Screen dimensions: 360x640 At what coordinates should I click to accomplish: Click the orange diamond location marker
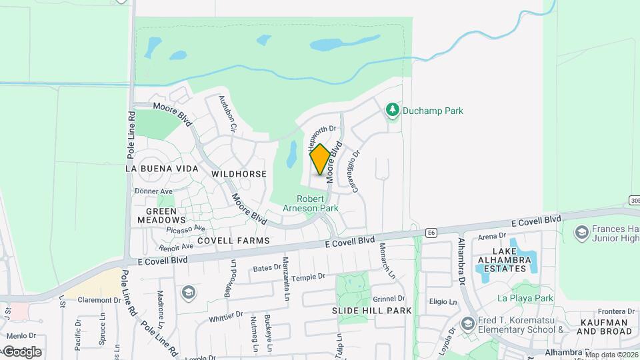(320, 159)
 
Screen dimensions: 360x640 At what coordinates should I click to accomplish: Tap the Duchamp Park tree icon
(393, 109)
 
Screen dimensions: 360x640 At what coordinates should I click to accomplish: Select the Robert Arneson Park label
(311, 203)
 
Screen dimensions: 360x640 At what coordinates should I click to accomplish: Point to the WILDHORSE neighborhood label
(239, 174)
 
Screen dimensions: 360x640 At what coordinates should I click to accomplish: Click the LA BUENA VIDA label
(162, 169)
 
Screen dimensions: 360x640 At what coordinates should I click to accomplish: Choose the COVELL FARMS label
(233, 241)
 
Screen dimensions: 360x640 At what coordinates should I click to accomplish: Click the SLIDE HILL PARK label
(372, 311)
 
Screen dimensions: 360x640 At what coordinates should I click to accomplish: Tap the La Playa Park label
(525, 298)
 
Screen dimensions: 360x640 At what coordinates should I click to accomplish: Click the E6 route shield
(432, 233)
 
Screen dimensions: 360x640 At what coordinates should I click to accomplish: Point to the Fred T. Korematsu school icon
(467, 324)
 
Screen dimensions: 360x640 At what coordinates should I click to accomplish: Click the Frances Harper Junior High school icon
(581, 232)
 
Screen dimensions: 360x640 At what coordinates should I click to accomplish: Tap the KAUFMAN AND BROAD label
(603, 327)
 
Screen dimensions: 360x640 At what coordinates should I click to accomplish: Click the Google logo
(22, 352)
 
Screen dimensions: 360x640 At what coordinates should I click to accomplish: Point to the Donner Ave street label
(154, 191)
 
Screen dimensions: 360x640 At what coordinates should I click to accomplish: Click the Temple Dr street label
(308, 276)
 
